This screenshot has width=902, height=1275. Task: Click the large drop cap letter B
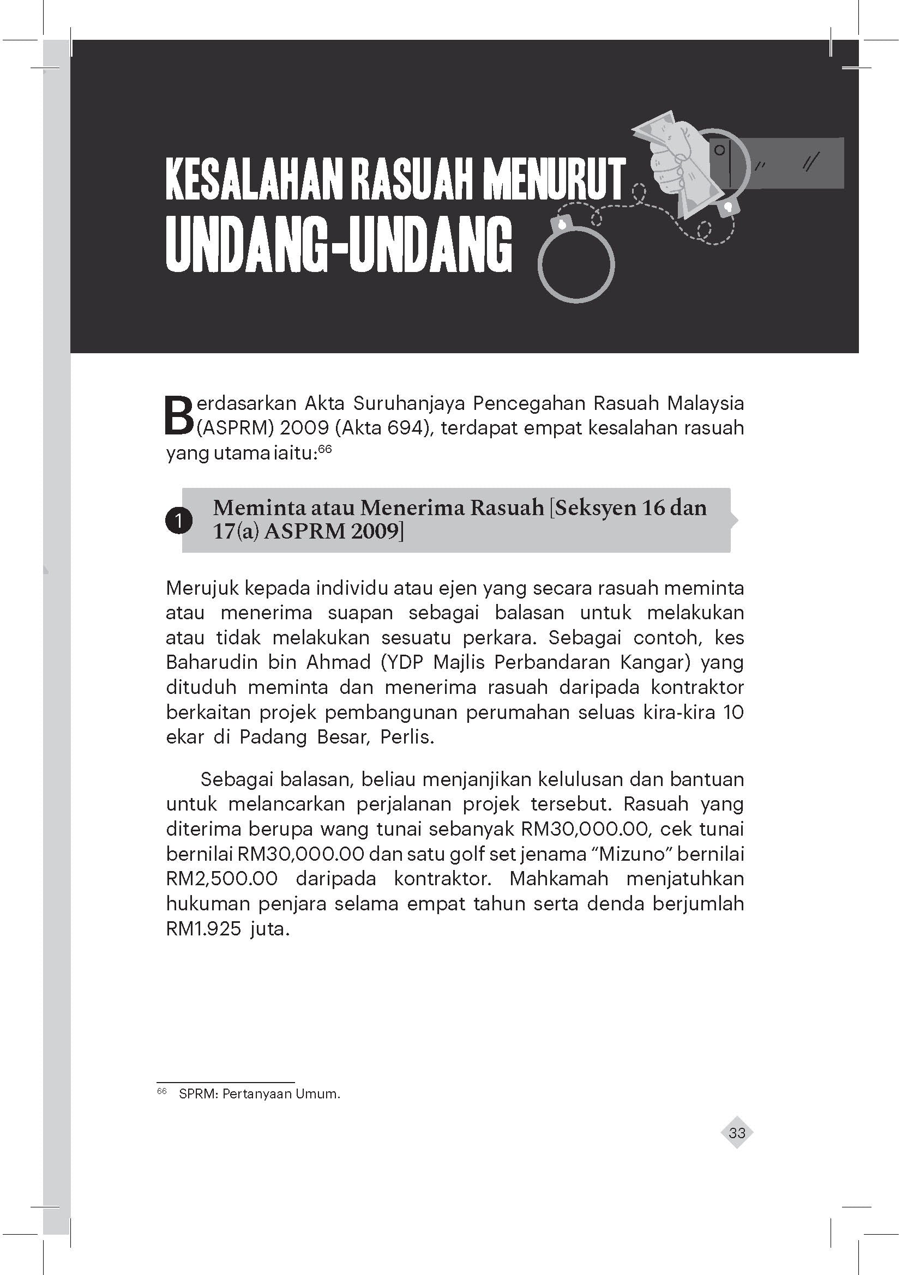(x=178, y=415)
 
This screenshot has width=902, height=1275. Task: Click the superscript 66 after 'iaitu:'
(x=324, y=449)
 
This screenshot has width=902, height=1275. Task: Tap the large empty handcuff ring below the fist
(x=576, y=265)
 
